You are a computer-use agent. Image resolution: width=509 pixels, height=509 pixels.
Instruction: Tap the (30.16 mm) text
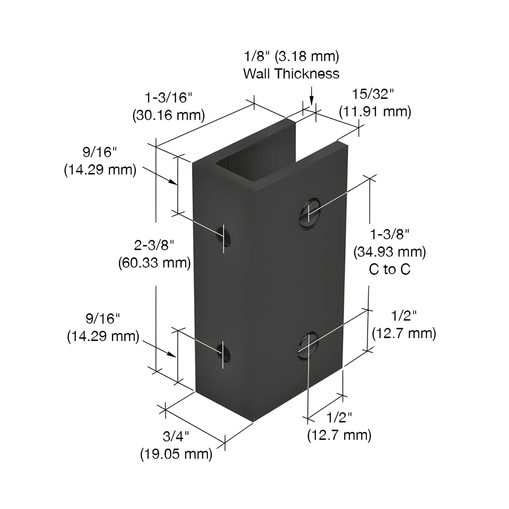click(168, 115)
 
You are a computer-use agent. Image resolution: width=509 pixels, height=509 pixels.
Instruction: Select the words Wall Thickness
click(291, 74)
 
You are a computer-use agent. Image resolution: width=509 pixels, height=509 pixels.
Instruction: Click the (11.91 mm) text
click(375, 112)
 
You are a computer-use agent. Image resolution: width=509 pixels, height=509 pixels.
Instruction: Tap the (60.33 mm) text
click(154, 262)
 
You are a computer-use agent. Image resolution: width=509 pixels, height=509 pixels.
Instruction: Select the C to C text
click(390, 269)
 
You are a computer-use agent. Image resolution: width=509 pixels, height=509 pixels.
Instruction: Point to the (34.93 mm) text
click(390, 252)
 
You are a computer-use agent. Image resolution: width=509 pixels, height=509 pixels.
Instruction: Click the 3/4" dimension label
click(176, 437)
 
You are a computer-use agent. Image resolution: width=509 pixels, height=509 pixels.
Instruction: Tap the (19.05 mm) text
click(176, 454)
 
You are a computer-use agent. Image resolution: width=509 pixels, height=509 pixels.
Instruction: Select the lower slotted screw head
click(308, 345)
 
